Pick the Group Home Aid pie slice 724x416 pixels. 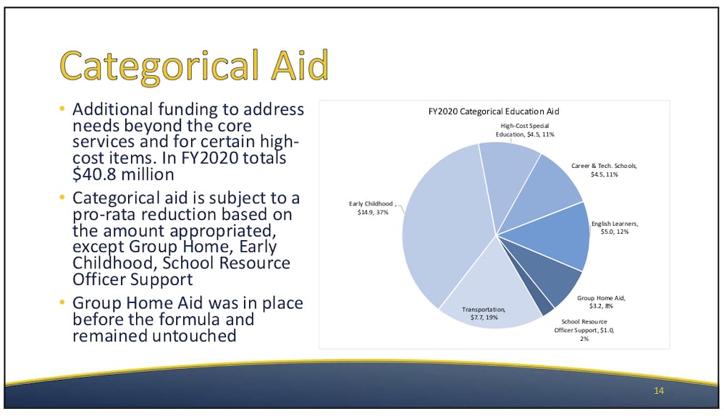[x=550, y=272]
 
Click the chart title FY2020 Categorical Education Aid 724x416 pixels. [x=494, y=111]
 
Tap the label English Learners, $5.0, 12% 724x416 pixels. [x=615, y=227]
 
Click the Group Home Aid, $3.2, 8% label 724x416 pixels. [x=601, y=302]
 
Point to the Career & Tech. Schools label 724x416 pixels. [x=604, y=170]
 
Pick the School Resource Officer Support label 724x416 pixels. [x=584, y=330]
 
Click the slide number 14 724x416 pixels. [x=659, y=391]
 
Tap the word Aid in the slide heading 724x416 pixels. [x=300, y=65]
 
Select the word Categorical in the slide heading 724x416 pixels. [x=159, y=67]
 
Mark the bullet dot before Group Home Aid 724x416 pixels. [x=62, y=302]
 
